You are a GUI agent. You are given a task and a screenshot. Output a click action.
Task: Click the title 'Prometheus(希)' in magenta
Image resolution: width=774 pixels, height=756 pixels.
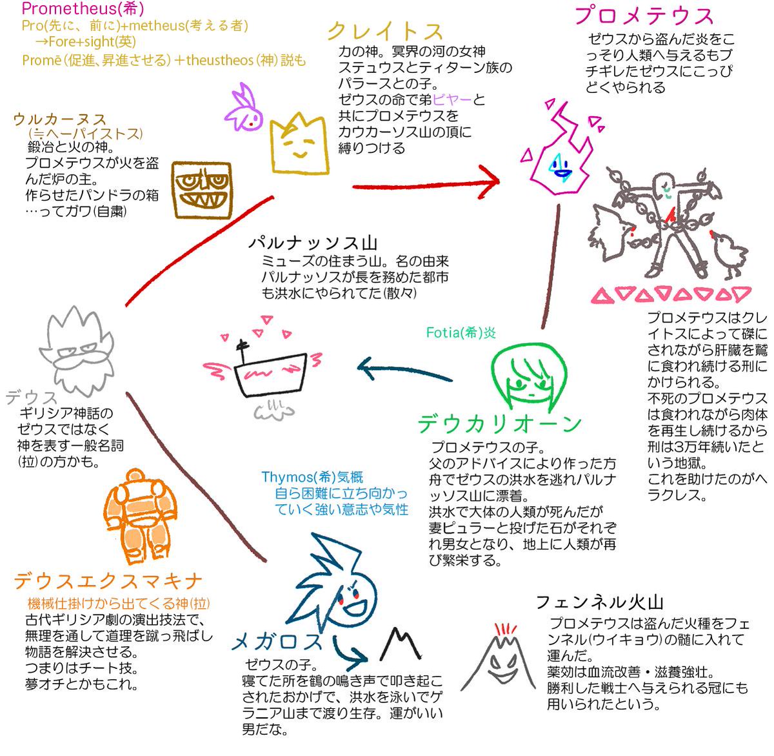click(x=83, y=9)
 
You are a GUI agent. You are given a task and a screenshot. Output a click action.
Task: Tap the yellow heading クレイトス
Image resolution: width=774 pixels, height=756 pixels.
click(x=385, y=31)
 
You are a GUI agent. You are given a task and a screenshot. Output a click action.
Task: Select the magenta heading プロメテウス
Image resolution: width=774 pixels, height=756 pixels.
click(x=643, y=16)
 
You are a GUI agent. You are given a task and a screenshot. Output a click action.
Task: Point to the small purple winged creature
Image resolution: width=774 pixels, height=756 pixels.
click(x=244, y=110)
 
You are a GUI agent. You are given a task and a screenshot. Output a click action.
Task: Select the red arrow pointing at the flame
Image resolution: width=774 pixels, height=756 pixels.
click(x=426, y=183)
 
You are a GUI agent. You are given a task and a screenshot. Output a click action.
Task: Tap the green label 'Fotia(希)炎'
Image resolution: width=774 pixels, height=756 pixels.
click(x=461, y=332)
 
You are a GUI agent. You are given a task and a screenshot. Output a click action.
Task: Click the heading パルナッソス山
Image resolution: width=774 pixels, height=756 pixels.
click(x=312, y=243)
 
